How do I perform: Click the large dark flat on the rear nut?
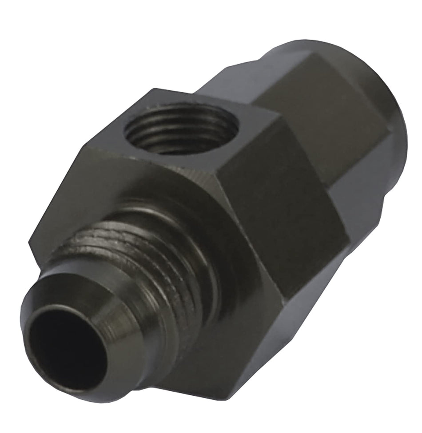[x=329, y=120]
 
